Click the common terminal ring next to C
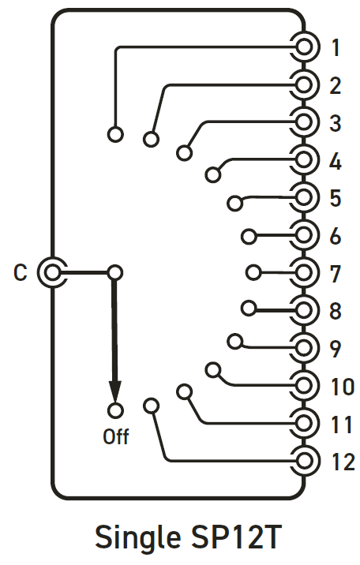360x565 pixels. pyautogui.click(x=53, y=272)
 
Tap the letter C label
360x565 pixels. pyautogui.click(x=21, y=273)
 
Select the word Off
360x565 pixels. pyautogui.click(x=116, y=436)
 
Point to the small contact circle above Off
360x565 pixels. pyautogui.click(x=115, y=410)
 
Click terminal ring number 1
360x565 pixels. pyautogui.click(x=305, y=47)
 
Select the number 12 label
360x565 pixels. pyautogui.click(x=343, y=462)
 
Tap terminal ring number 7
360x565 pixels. pyautogui.click(x=305, y=273)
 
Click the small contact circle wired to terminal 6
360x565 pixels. pyautogui.click(x=249, y=237)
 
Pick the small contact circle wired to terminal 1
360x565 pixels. pyautogui.click(x=115, y=134)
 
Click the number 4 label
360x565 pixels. pyautogui.click(x=336, y=161)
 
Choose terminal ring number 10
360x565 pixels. pyautogui.click(x=305, y=386)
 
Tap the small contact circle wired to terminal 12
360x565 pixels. pyautogui.click(x=151, y=406)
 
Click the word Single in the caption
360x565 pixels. pyautogui.click(x=137, y=537)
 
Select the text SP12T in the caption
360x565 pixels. pyautogui.click(x=236, y=536)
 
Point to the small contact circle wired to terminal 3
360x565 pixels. pyautogui.click(x=184, y=153)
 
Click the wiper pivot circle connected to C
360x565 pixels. pyautogui.click(x=115, y=273)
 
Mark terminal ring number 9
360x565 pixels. pyautogui.click(x=305, y=348)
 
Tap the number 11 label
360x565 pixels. pyautogui.click(x=342, y=425)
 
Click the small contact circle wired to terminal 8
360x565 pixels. pyautogui.click(x=249, y=309)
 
